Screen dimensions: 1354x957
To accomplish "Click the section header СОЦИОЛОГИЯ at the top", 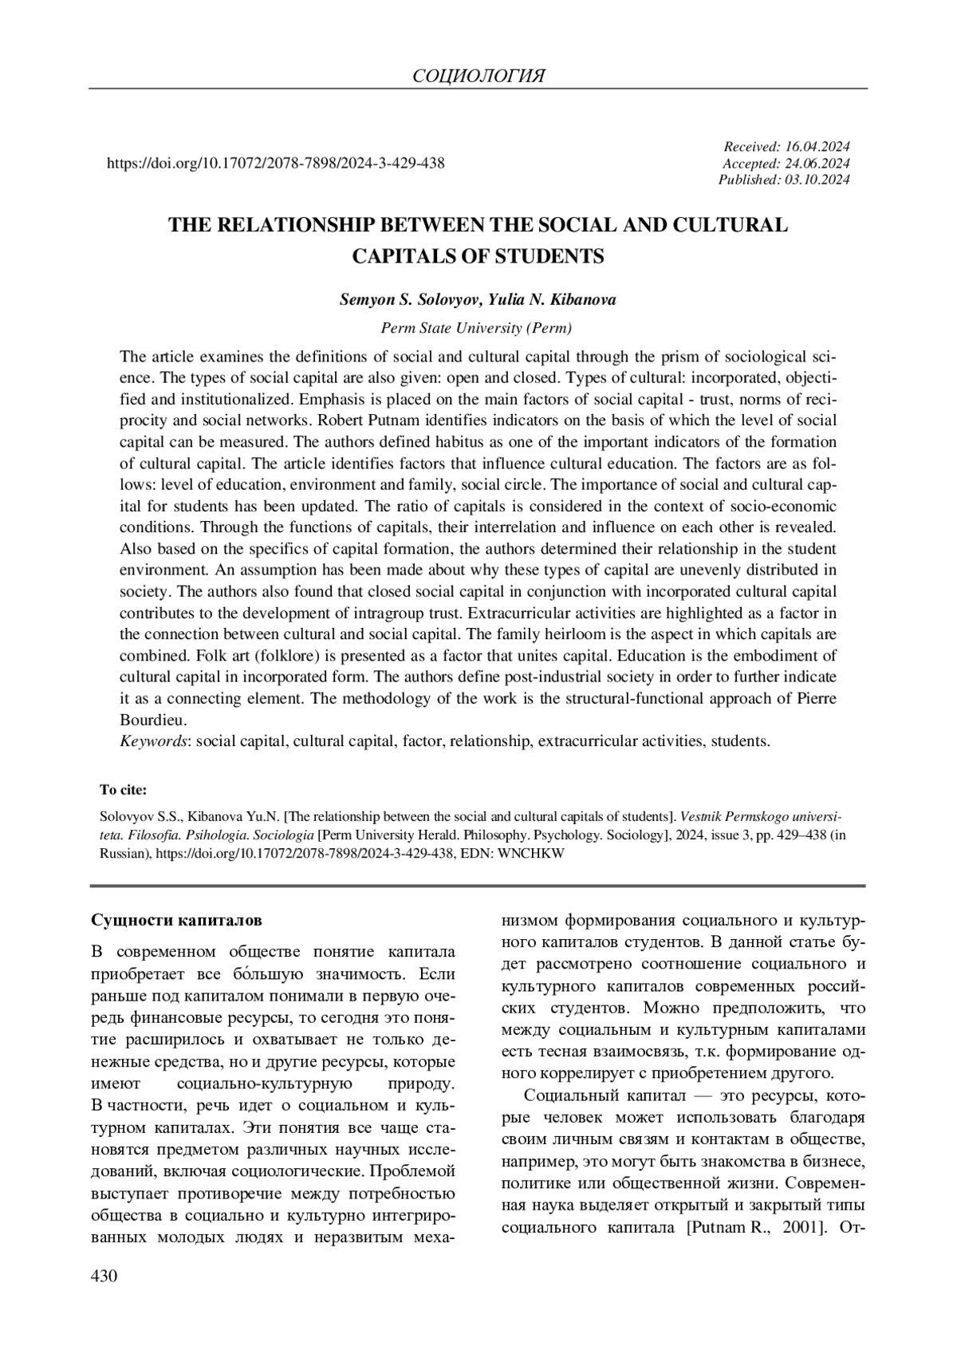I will (478, 77).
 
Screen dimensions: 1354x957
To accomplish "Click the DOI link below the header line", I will (275, 164).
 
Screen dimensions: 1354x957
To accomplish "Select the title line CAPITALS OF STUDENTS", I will (478, 257).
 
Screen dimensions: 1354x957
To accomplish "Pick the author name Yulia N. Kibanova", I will (548, 301).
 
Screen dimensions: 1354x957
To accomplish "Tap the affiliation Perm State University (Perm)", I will (477, 328).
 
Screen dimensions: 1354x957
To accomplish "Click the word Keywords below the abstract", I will (154, 741).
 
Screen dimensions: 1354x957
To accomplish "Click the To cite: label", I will (123, 791).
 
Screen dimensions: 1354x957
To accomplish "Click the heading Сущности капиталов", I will (176, 920).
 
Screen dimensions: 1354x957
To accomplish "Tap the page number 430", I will (104, 1277).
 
